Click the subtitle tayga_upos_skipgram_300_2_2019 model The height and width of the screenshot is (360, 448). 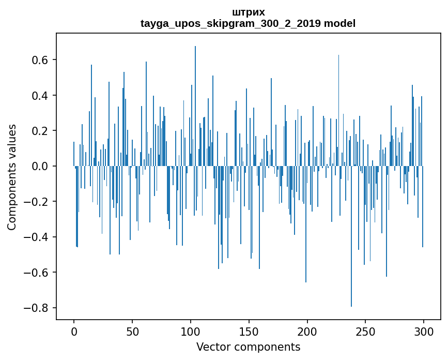tap(248, 23)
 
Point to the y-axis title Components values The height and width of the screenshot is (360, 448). tap(12, 177)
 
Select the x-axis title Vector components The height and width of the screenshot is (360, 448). tap(248, 347)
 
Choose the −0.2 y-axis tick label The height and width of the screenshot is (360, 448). tap(37, 202)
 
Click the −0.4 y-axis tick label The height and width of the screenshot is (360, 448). tap(37, 237)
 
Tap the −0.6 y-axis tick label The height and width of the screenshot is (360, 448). tap(37, 273)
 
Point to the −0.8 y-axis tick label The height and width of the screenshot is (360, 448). tap(37, 308)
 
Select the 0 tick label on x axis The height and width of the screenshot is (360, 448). tap(74, 331)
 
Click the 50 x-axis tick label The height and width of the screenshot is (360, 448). tap(132, 331)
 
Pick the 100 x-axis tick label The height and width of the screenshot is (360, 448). tap(191, 331)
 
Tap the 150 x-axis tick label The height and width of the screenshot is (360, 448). tap(249, 331)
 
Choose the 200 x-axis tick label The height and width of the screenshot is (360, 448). tap(307, 331)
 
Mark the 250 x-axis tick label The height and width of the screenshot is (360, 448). tap(365, 331)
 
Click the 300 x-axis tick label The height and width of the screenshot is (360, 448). tap(424, 331)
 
